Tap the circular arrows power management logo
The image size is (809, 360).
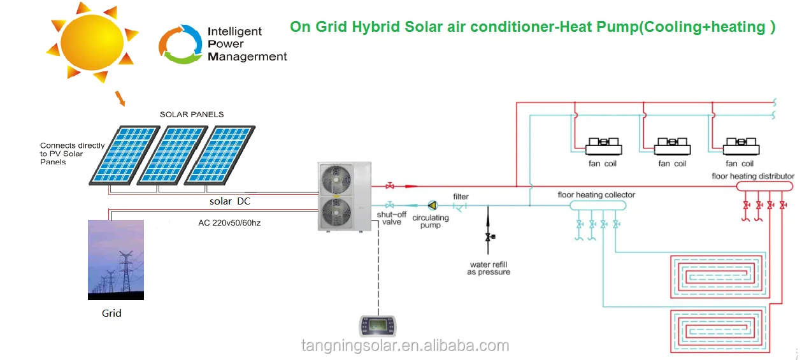[x=180, y=44]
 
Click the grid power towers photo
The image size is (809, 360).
[x=116, y=259]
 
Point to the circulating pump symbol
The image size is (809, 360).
[x=433, y=205]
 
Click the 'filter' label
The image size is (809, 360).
[x=461, y=196]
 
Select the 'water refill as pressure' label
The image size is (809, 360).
[x=489, y=268]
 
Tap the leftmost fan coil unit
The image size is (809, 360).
[x=603, y=147]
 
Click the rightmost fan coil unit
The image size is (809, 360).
[x=740, y=147]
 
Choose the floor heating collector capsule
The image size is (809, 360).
[x=598, y=205]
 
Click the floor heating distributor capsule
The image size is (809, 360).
[x=764, y=186]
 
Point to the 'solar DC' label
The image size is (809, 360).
[x=229, y=201]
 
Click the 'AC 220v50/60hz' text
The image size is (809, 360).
[x=229, y=224]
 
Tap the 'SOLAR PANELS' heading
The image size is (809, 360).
[x=191, y=115]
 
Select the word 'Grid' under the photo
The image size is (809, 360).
[x=111, y=313]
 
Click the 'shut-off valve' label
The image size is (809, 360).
[x=392, y=219]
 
